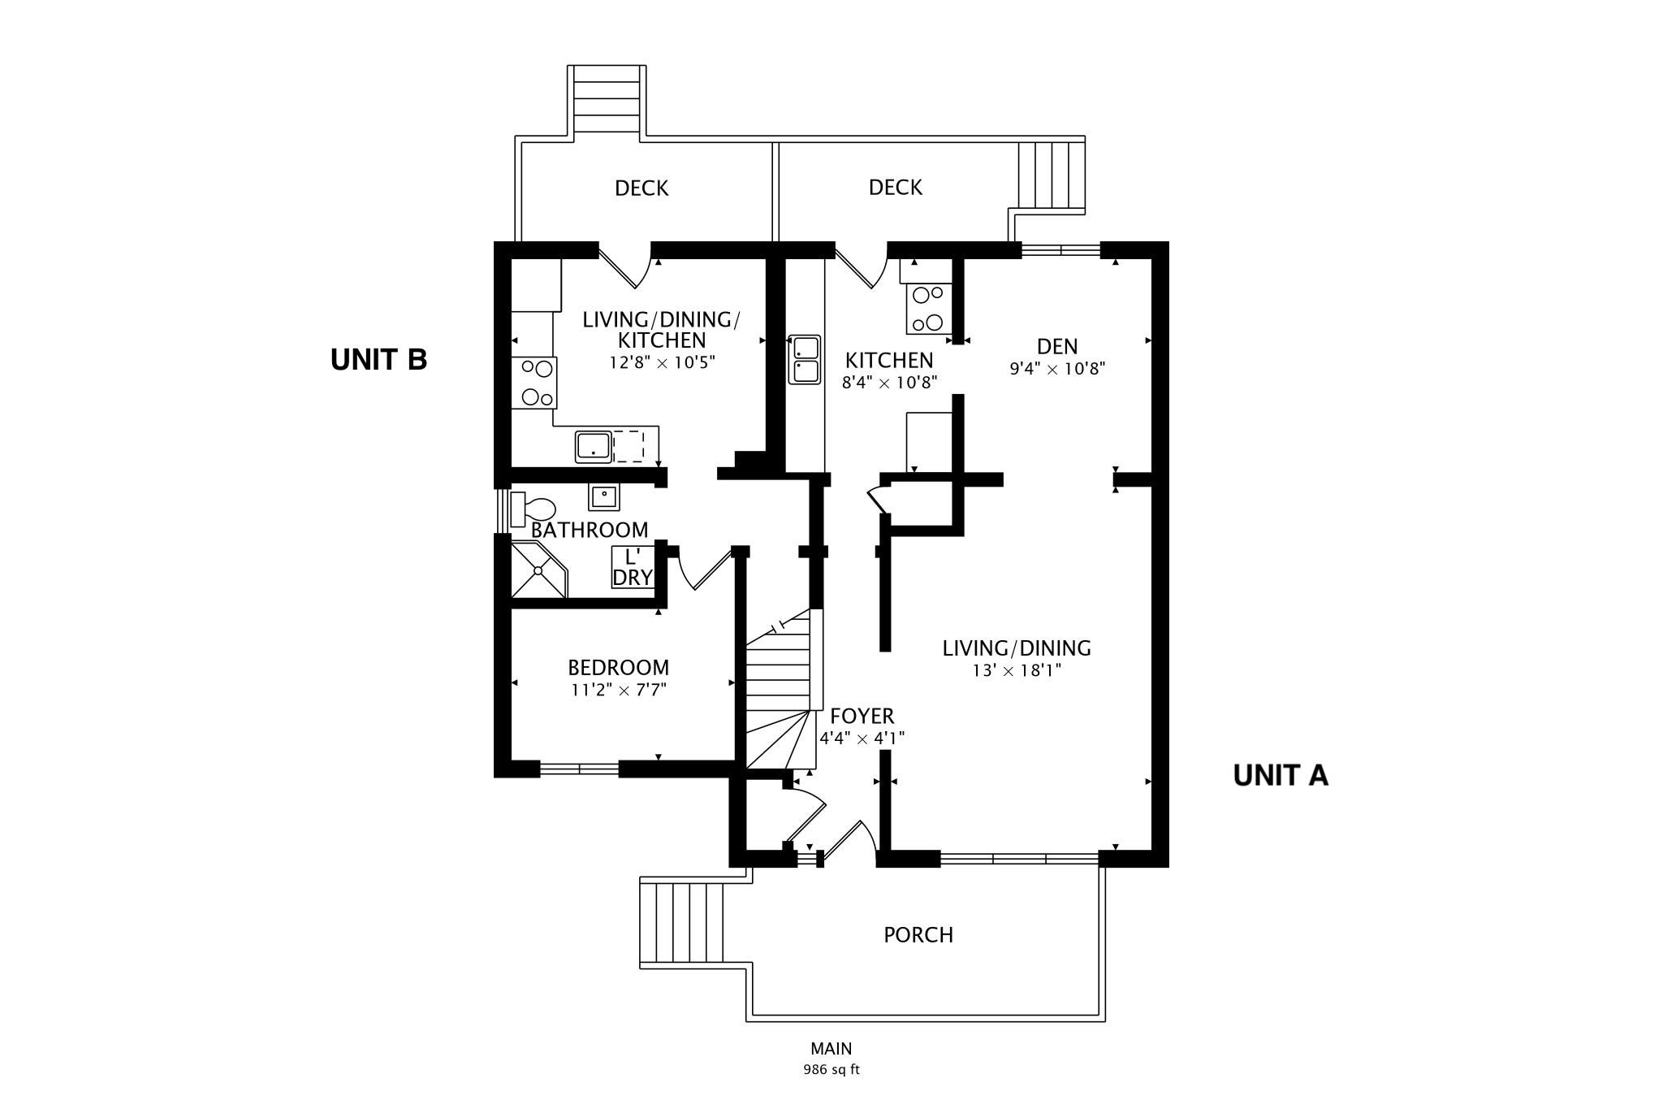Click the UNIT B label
pyautogui.click(x=378, y=359)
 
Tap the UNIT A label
pyautogui.click(x=1281, y=775)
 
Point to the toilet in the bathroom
pyautogui.click(x=533, y=509)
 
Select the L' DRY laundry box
pyautogui.click(x=633, y=567)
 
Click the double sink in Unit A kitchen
pyautogui.click(x=805, y=359)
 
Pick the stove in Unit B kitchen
pyautogui.click(x=533, y=382)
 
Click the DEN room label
pyautogui.click(x=1057, y=346)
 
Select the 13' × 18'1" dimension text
pyautogui.click(x=1017, y=670)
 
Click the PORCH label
pyautogui.click(x=918, y=935)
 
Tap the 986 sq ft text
pyautogui.click(x=831, y=1069)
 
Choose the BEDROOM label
pyautogui.click(x=619, y=668)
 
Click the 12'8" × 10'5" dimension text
pyautogui.click(x=662, y=362)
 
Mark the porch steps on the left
pyautogui.click(x=682, y=923)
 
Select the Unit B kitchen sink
pyautogui.click(x=594, y=447)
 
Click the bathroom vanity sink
pyautogui.click(x=603, y=496)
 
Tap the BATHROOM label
pyautogui.click(x=590, y=531)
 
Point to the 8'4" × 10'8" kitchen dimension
pyautogui.click(x=890, y=382)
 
